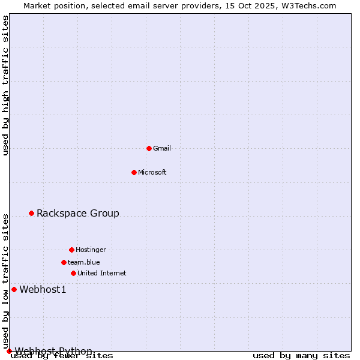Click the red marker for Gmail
149,148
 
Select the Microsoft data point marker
134,172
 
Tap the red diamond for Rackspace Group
32,213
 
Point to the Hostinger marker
71,250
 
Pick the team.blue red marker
64,262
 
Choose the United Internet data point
73,273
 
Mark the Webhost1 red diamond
14,289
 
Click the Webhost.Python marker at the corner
9,351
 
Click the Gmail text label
162,148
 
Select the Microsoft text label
152,172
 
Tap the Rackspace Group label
78,213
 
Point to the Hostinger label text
91,250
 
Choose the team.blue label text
84,262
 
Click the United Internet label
102,273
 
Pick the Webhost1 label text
43,290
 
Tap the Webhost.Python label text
54,351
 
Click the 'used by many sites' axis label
301,356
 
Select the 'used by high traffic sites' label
6,85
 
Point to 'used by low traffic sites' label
6,281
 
